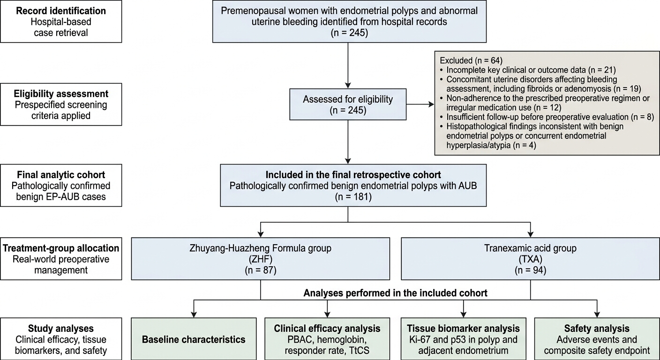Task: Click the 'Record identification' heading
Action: pyautogui.click(x=61, y=11)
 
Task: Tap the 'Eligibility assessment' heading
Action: pyautogui.click(x=61, y=94)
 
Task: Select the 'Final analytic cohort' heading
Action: pyautogui.click(x=61, y=175)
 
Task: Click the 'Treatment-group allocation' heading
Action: pyautogui.click(x=61, y=248)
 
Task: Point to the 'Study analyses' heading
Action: pyautogui.click(x=61, y=329)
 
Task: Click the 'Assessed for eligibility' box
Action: pyautogui.click(x=348, y=104)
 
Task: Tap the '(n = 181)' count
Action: pyautogui.click(x=353, y=196)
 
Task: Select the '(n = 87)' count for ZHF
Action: pyautogui.click(x=261, y=270)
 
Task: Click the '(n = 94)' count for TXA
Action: pyautogui.click(x=530, y=270)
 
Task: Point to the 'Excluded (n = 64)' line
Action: pyautogui.click(x=471, y=60)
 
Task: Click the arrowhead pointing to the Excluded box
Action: pyautogui.click(x=432, y=104)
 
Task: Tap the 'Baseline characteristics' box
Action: pyautogui.click(x=194, y=339)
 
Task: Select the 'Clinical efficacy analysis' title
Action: pyautogui.click(x=327, y=329)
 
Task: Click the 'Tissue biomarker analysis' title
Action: pyautogui.click(x=463, y=329)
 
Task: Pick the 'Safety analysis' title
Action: pyautogui.click(x=597, y=329)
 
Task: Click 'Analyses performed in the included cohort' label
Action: pyautogui.click(x=396, y=293)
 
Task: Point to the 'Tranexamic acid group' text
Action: pyautogui.click(x=530, y=248)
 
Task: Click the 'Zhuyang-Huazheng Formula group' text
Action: pyautogui.click(x=261, y=248)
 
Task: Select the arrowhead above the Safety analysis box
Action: pyautogui.click(x=597, y=315)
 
